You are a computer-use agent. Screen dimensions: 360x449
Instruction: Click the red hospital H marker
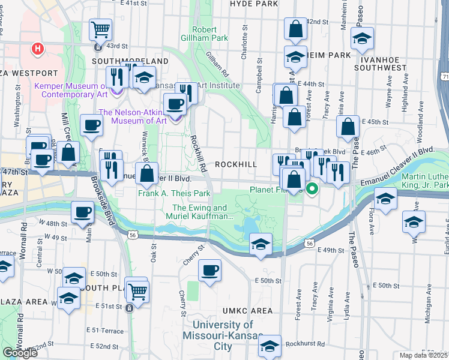click(x=38, y=48)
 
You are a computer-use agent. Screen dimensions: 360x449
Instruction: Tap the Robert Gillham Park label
click(x=210, y=34)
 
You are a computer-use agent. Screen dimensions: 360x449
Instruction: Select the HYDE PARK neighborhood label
click(x=255, y=4)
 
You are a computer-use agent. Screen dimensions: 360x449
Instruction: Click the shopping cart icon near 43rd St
click(x=101, y=28)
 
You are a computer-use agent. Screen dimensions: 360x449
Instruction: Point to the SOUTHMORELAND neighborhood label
click(x=130, y=61)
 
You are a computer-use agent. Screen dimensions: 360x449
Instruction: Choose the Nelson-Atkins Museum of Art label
click(x=132, y=116)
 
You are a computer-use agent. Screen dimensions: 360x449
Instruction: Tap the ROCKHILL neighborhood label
click(x=236, y=164)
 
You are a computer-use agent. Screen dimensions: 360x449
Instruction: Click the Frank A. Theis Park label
click(x=174, y=194)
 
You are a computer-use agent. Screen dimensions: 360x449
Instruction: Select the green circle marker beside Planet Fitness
click(x=312, y=190)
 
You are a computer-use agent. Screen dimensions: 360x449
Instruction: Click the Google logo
click(x=20, y=353)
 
